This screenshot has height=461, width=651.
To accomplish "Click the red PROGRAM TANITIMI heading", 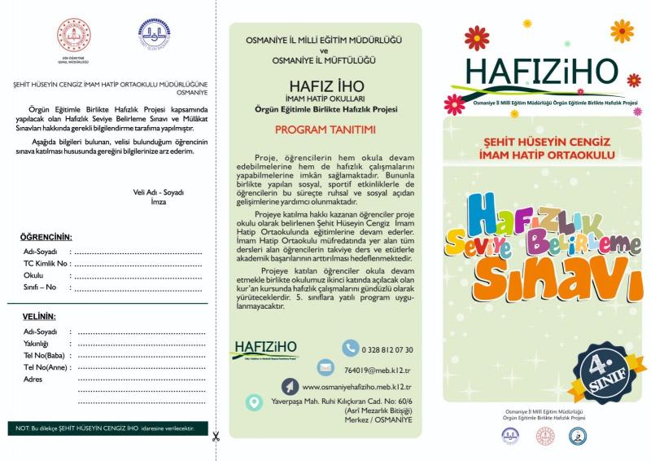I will pos(324,130).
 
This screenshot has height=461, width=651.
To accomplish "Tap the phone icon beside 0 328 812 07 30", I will pos(350,349).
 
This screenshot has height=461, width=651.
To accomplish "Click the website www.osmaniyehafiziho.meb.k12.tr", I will pos(356,388).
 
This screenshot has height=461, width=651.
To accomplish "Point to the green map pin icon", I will pos(255,402).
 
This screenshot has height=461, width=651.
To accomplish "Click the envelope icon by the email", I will pos(326,367).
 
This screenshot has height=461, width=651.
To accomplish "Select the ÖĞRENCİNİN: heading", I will pos(46,237).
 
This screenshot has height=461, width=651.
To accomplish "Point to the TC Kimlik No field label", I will pos(47,264).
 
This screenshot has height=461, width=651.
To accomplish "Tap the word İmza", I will pos(158,201).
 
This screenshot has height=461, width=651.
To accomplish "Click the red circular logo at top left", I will pos(75,36).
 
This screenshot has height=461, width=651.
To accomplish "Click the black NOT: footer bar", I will pos(107,428).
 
